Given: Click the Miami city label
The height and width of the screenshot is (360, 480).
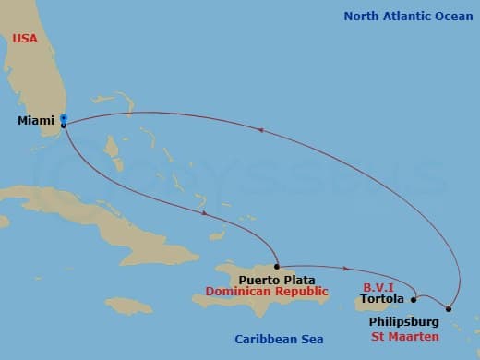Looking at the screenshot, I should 35,121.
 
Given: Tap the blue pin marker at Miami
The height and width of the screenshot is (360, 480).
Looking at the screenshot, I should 64,118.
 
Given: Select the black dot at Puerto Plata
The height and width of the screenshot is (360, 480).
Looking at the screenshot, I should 277,265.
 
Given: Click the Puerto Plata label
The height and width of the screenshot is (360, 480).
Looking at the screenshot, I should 276,279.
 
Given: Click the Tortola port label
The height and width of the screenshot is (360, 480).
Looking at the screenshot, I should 381,299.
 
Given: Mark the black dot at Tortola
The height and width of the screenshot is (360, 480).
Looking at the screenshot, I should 414,299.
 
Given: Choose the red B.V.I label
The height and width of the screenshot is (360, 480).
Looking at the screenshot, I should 378,286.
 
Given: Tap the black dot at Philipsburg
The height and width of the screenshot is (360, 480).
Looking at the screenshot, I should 449,309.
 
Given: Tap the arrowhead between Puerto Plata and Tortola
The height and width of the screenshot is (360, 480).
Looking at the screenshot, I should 345,270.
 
